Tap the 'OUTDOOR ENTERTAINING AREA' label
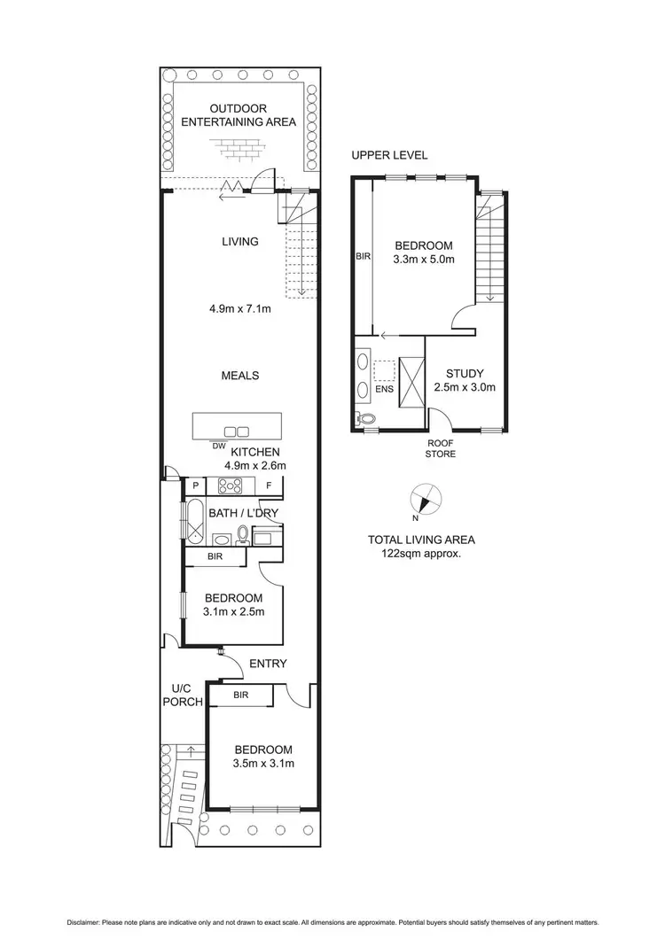239,115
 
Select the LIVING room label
239,241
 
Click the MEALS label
239,376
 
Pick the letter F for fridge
269,486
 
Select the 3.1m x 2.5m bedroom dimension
234,611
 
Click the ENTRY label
268,664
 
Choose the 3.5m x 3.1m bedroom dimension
263,763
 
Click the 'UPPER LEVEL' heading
389,155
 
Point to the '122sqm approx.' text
421,554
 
